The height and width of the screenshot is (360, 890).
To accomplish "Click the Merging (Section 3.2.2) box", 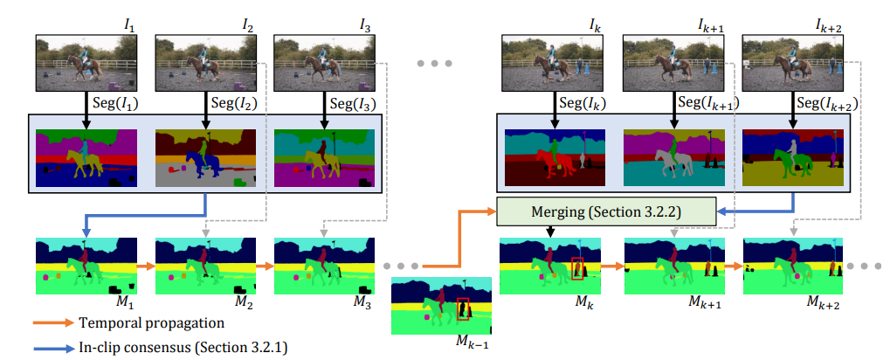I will tap(606, 211).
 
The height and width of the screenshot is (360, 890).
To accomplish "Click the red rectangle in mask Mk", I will tap(577, 267).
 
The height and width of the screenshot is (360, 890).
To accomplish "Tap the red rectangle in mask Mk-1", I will tap(463, 309).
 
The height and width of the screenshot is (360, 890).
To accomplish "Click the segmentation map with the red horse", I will tap(554, 158).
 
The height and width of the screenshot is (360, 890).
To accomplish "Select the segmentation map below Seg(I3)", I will tap(323, 158).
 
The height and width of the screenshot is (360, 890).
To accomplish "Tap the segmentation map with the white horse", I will tap(673, 158).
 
